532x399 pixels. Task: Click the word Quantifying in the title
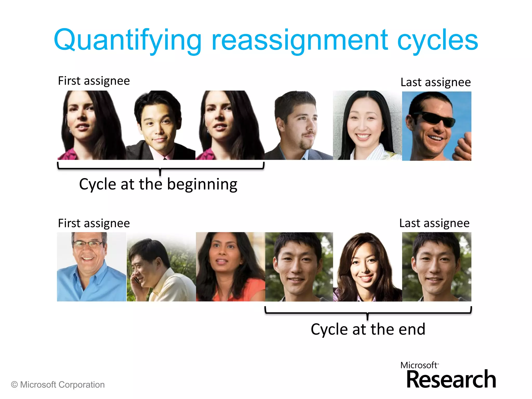(127, 40)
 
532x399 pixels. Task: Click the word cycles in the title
(437, 40)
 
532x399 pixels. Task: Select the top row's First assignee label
(94, 81)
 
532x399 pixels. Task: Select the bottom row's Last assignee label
(434, 223)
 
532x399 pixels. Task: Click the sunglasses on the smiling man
(436, 119)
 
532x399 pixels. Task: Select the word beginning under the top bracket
(202, 184)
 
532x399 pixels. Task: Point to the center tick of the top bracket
(160, 172)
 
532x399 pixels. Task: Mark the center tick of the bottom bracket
(368, 316)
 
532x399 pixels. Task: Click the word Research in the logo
(451, 380)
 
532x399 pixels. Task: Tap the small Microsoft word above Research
(419, 365)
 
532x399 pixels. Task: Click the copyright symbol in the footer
(15, 384)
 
